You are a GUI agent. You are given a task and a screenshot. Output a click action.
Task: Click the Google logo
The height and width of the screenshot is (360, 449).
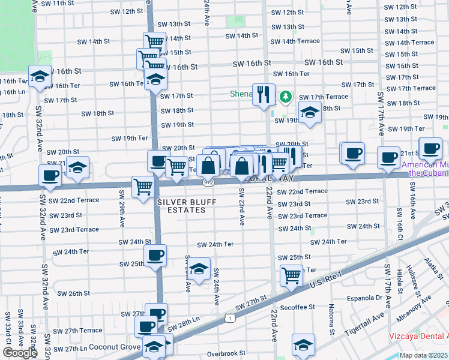tap(19, 353)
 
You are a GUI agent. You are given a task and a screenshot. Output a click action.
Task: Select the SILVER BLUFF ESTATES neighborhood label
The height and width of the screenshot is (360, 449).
tap(187, 206)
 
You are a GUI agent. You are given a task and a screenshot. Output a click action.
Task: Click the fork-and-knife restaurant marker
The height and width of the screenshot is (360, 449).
tap(263, 95)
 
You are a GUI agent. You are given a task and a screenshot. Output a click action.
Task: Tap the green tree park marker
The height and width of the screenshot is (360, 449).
tap(286, 96)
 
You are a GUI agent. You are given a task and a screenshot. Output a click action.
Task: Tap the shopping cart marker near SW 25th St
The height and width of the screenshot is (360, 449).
tap(291, 276)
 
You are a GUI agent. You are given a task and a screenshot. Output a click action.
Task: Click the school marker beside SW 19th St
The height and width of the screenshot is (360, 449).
tap(310, 112)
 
